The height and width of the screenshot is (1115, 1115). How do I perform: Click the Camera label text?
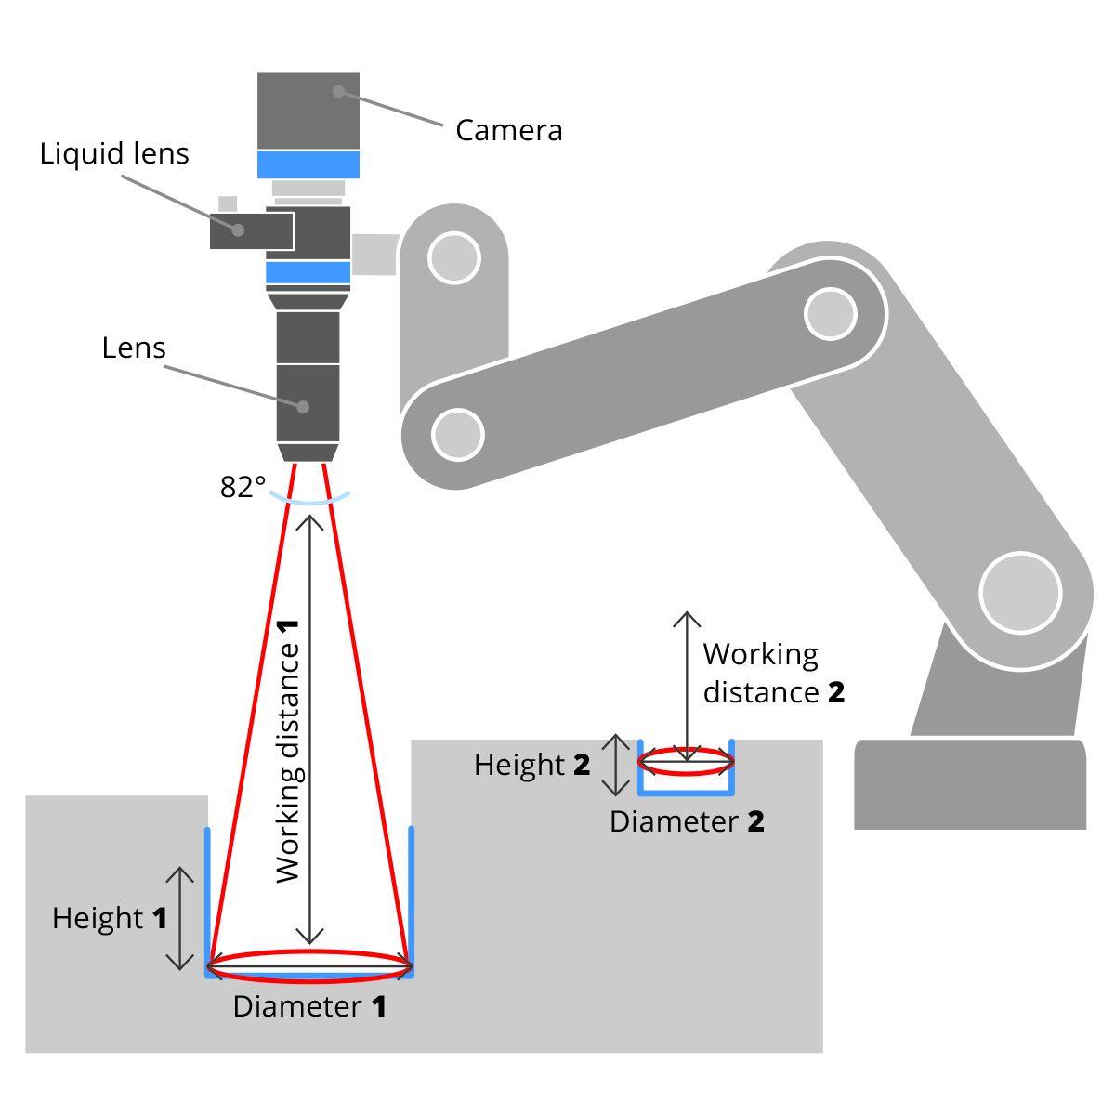[508, 130]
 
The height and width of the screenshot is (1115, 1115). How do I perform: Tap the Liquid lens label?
[114, 154]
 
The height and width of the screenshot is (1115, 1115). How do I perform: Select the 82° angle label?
[243, 487]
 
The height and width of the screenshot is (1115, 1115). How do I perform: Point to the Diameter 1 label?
[309, 1006]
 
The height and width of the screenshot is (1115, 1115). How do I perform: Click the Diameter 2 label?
[687, 821]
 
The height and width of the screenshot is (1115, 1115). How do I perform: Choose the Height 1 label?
[110, 918]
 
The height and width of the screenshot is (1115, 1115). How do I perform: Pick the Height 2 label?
[531, 765]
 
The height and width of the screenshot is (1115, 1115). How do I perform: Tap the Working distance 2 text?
[774, 673]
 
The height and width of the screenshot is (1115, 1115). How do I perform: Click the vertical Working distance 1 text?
[287, 751]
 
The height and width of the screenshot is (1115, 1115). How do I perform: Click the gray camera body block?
[308, 111]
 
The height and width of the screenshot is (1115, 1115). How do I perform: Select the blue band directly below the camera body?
[308, 164]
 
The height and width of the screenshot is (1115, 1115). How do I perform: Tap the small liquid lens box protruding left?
[252, 230]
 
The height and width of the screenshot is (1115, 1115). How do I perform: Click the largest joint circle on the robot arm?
[1020, 593]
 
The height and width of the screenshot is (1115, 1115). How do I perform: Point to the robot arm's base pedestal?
[970, 784]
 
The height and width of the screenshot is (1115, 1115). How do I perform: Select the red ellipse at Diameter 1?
[309, 966]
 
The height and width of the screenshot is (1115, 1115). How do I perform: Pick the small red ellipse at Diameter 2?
[687, 762]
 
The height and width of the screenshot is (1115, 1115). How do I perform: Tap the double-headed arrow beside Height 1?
[180, 918]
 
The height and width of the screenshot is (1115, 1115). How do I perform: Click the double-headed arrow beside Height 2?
[616, 765]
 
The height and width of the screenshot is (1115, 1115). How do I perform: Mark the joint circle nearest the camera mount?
[454, 258]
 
